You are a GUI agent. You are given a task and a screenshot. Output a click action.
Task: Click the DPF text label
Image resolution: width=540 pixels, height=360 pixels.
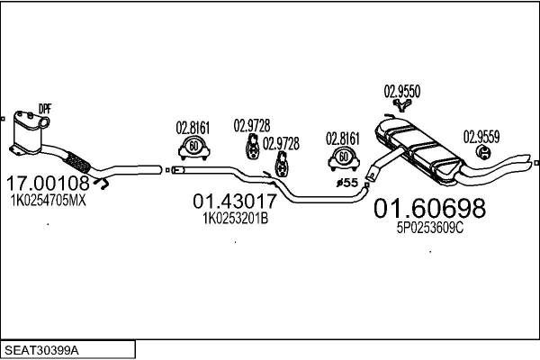(45, 109)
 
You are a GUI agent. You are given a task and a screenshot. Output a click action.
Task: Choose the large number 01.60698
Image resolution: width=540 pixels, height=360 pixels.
(429, 209)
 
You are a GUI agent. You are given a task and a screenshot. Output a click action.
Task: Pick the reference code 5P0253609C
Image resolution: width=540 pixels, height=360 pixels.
(430, 229)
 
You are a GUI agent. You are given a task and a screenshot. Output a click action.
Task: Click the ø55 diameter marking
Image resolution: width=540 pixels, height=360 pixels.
(346, 183)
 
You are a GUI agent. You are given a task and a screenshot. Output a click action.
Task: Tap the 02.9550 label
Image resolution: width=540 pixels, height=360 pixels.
(402, 91)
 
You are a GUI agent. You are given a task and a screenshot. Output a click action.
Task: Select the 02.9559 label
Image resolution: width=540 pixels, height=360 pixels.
(481, 137)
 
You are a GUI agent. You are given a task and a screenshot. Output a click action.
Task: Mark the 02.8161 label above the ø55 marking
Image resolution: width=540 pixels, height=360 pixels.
(343, 139)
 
